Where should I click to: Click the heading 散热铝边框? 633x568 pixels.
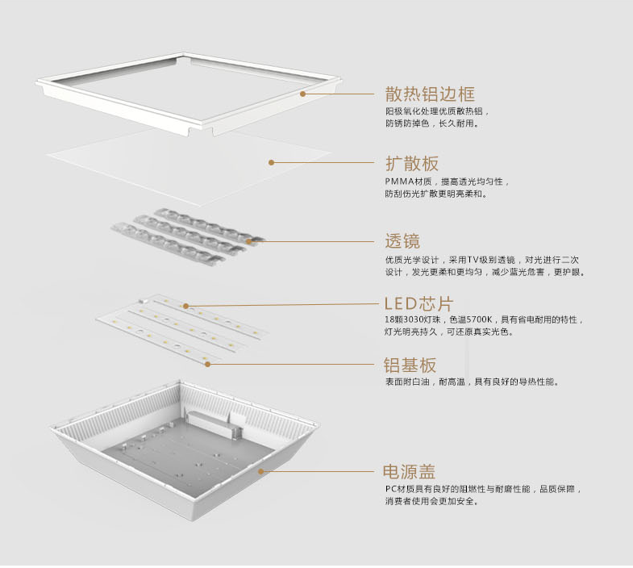[x=429, y=94]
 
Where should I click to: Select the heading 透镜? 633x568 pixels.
[x=402, y=240]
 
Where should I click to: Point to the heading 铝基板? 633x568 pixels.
[x=410, y=364]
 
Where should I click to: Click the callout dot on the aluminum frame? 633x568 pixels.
[x=303, y=94]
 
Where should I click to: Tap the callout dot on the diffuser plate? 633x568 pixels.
[x=272, y=162]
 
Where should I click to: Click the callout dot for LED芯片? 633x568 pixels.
[x=185, y=306]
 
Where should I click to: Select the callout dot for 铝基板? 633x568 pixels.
[x=207, y=364]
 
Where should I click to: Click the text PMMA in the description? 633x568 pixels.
[x=398, y=182]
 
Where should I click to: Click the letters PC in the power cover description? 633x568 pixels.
[x=390, y=489]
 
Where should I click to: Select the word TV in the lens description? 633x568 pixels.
[x=485, y=260]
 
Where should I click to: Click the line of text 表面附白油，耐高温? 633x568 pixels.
[x=427, y=382]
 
